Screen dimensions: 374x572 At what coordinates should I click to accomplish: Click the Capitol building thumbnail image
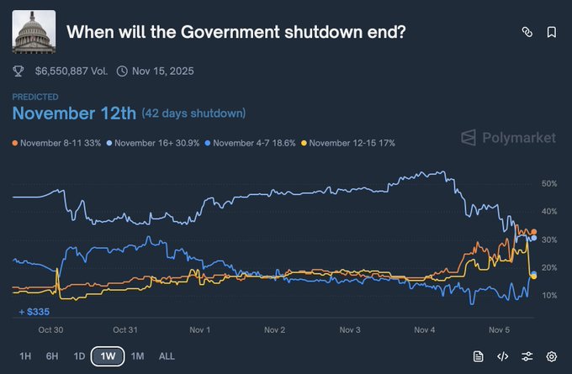click(x=34, y=32)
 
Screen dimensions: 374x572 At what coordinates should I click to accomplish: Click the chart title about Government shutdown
click(x=236, y=32)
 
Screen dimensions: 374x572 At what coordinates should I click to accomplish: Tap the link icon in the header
click(x=527, y=32)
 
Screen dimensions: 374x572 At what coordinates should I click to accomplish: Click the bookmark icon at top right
click(x=552, y=32)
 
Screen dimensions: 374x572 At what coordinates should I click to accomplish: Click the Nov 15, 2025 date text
click(x=162, y=71)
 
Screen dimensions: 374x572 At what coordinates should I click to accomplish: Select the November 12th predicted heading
click(x=73, y=113)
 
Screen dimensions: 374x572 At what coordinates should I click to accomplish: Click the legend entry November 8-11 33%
click(x=57, y=143)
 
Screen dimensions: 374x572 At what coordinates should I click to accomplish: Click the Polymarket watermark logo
click(x=507, y=137)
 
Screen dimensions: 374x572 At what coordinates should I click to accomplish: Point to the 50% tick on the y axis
click(x=548, y=183)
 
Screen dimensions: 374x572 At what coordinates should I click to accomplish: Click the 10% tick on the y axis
click(x=548, y=295)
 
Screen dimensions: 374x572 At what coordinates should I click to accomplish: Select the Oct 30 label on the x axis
click(x=51, y=329)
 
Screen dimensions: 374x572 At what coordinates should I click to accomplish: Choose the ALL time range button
click(x=167, y=356)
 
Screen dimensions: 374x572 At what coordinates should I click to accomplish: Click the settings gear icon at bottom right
click(x=552, y=356)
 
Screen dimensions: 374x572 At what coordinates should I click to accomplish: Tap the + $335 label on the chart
click(x=34, y=312)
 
